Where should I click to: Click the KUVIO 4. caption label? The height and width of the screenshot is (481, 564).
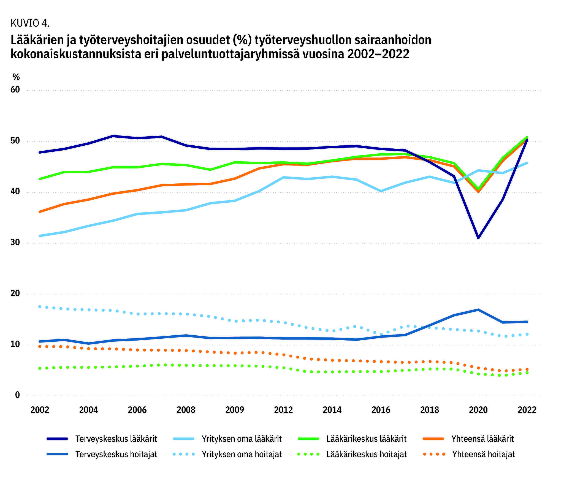[30, 23]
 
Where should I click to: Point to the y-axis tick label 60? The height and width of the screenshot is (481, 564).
[15, 90]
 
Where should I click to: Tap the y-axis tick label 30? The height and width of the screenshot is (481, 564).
[15, 243]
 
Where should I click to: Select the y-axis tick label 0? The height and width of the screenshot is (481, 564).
[17, 395]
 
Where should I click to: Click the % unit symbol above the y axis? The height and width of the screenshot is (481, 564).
[16, 77]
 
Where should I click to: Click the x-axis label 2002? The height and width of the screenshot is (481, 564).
[40, 410]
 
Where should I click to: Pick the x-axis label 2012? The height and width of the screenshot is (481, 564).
[283, 410]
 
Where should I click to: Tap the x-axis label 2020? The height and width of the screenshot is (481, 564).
[478, 410]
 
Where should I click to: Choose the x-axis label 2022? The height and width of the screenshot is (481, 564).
[527, 410]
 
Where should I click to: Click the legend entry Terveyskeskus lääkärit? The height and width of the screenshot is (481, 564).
[102, 439]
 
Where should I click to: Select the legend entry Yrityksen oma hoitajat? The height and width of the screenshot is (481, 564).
[227, 454]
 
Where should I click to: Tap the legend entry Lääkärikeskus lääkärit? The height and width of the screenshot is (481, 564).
[352, 439]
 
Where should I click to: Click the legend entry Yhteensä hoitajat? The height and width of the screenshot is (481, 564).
[469, 454]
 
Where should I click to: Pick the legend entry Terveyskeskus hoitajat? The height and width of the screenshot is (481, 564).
[102, 454]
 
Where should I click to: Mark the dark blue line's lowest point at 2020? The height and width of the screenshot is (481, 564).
[478, 238]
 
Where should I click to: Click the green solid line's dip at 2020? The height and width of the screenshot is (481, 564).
[478, 189]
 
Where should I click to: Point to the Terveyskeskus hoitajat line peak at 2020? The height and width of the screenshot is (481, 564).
[478, 310]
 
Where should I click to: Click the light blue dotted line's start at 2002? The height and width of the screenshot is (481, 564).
[40, 306]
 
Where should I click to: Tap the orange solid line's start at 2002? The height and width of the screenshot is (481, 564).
[40, 212]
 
